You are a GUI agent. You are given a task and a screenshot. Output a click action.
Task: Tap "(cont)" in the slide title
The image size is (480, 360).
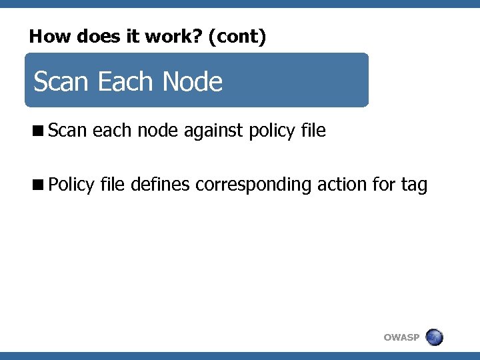click(237, 37)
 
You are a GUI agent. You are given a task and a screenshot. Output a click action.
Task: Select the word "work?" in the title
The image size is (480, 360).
click(178, 37)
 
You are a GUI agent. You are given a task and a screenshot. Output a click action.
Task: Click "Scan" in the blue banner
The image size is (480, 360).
click(61, 82)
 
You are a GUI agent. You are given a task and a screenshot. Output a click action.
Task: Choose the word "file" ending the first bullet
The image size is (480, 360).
click(313, 131)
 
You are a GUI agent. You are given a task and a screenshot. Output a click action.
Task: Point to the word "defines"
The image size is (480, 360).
click(161, 183)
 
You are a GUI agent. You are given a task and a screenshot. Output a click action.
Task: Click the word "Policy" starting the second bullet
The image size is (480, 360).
click(71, 185)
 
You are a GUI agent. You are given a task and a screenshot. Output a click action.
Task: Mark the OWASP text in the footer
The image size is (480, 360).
click(401, 337)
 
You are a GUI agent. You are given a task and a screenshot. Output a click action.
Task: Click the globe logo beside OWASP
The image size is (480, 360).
click(434, 337)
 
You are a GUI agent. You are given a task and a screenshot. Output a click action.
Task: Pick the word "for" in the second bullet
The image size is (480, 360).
click(384, 183)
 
